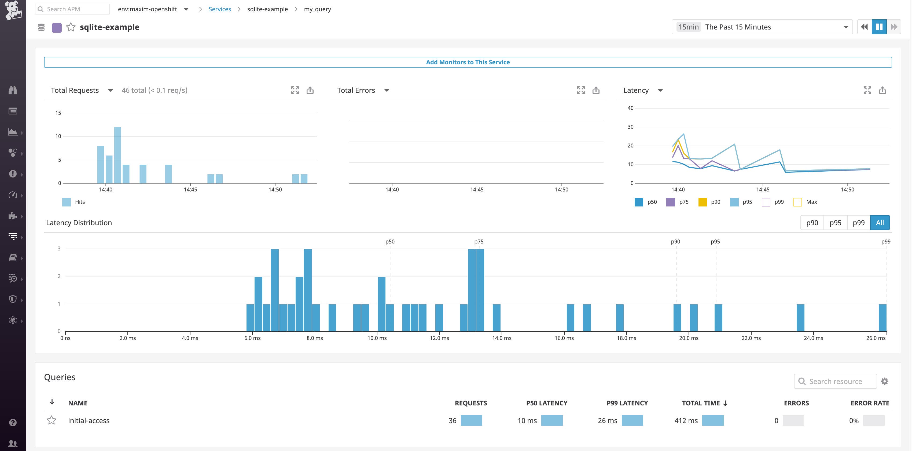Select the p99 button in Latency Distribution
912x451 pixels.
(x=858, y=223)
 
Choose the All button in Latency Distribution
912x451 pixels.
(x=880, y=223)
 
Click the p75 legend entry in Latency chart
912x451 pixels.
(x=677, y=202)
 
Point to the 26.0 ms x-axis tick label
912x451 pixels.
(x=876, y=338)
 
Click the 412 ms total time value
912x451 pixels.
(x=686, y=420)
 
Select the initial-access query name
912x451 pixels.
(x=89, y=420)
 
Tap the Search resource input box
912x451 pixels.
(x=835, y=381)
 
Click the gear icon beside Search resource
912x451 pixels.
(x=884, y=381)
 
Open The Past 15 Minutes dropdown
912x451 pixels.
(x=761, y=27)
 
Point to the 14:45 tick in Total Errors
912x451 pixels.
(x=477, y=189)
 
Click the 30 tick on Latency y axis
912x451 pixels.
(x=630, y=127)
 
